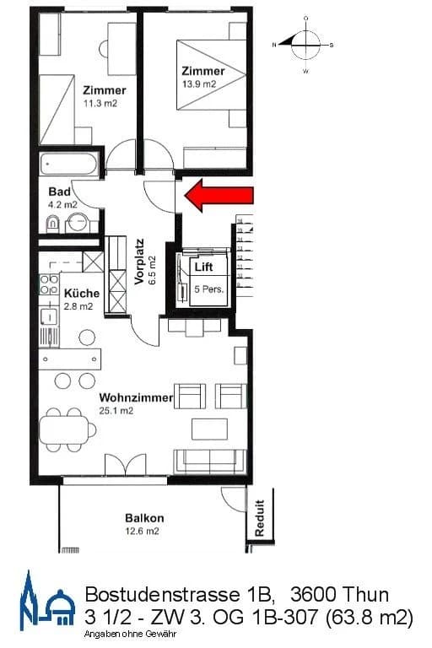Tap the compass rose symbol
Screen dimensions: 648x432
pyautogui.click(x=305, y=41)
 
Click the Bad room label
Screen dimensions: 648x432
pyautogui.click(x=59, y=192)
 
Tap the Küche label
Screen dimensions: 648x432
pyautogui.click(x=82, y=294)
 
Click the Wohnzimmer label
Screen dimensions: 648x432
pyautogui.click(x=136, y=397)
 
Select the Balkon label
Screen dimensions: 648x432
pyautogui.click(x=144, y=518)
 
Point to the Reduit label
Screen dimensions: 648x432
pyautogui.click(x=260, y=517)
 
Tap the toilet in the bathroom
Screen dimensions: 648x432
pyautogui.click(x=52, y=223)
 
